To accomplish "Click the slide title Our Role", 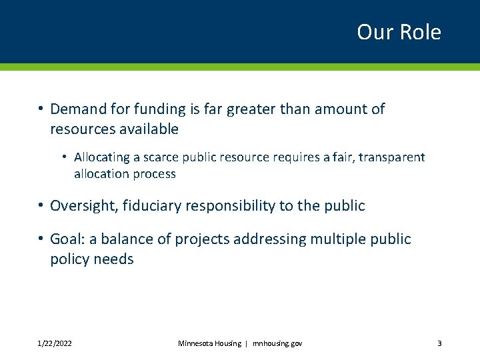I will (399, 32).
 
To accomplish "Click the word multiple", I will (333, 239).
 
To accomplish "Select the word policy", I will (69, 259).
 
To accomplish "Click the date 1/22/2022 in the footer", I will (55, 343).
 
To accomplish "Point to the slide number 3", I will (439, 343).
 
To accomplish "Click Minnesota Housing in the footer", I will (209, 343).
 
